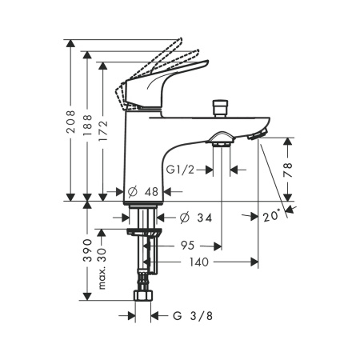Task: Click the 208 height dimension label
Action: coord(71,122)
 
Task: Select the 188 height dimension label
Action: coord(87,125)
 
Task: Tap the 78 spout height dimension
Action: coord(288,170)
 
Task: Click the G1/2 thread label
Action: coord(181,170)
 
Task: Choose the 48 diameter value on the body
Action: coord(151,191)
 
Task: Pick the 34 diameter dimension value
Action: coord(204,218)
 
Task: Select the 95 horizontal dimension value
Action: coord(187,246)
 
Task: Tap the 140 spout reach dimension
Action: coord(198,262)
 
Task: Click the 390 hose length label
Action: coord(87,250)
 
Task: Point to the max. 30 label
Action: coord(102,269)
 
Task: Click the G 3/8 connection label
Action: coord(193,316)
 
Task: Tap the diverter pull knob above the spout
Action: coord(220,107)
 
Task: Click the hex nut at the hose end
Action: coord(143,296)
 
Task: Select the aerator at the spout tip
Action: coord(258,134)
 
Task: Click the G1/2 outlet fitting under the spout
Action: coord(222,140)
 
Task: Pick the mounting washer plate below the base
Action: coord(144,232)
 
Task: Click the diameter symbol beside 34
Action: coord(185,218)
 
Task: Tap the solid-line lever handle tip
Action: coord(206,63)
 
